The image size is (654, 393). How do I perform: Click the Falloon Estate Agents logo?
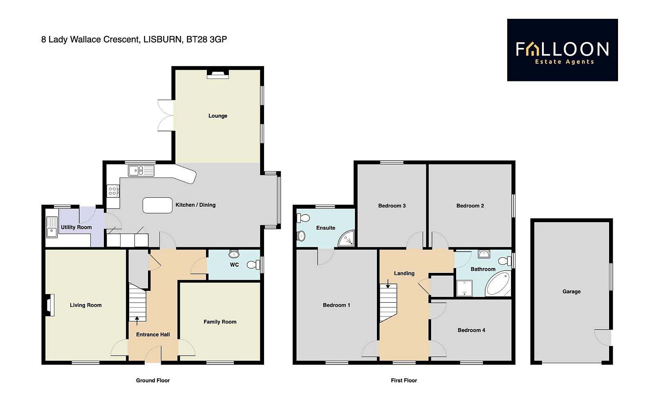(562, 50)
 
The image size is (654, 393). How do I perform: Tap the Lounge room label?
(218, 116)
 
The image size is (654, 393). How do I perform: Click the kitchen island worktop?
(157, 205)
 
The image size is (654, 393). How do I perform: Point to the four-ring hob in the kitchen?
(113, 191)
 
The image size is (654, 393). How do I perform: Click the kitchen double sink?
(141, 171)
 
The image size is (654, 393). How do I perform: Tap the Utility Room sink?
(52, 227)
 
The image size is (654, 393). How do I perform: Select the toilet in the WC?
(253, 265)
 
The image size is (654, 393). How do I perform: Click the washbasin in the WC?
(234, 254)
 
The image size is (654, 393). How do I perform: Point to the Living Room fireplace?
(50, 305)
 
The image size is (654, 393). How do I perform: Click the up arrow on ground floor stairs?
(137, 321)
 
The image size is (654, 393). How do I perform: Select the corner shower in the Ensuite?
(347, 238)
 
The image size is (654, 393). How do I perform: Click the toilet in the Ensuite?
(303, 218)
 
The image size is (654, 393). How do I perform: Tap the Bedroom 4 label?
(471, 330)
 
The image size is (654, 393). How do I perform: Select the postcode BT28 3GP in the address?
(206, 39)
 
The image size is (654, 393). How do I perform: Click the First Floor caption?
(404, 380)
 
